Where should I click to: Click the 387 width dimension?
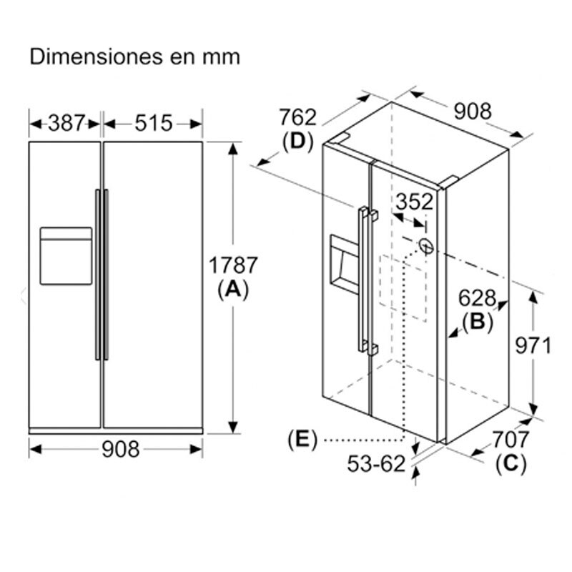pyautogui.click(x=66, y=123)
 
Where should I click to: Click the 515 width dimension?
pyautogui.click(x=154, y=123)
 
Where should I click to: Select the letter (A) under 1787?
pyautogui.click(x=232, y=289)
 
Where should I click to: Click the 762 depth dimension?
pyautogui.click(x=297, y=117)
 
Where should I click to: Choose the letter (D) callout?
pyautogui.click(x=298, y=142)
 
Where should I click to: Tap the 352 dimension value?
pyautogui.click(x=415, y=202)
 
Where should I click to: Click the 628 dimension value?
pyautogui.click(x=478, y=299)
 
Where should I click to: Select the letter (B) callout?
pyautogui.click(x=478, y=322)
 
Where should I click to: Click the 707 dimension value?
pyautogui.click(x=510, y=439)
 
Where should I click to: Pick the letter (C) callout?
pyautogui.click(x=511, y=463)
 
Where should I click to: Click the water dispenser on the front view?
pyautogui.click(x=66, y=256)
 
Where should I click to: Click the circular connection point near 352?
pyautogui.click(x=427, y=246)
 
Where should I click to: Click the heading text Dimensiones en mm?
pyautogui.click(x=134, y=57)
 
